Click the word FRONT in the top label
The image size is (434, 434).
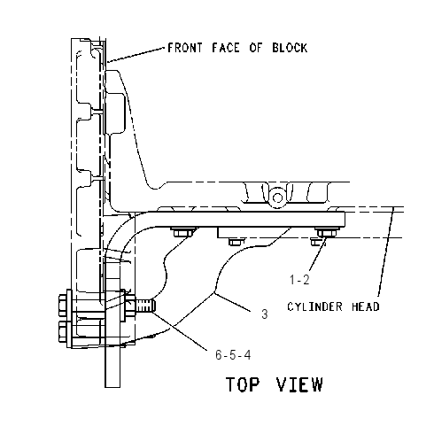pyautogui.click(x=185, y=48)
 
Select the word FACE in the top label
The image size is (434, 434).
pyautogui.click(x=226, y=48)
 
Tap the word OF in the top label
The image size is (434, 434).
pyautogui.click(x=256, y=48)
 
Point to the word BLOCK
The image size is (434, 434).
pyautogui.click(x=290, y=48)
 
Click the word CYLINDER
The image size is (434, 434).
pyautogui.click(x=314, y=306)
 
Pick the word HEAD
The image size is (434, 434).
pyautogui.click(x=366, y=306)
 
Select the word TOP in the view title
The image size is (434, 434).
pyautogui.click(x=243, y=384)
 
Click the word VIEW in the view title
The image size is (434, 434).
pyautogui.click(x=299, y=384)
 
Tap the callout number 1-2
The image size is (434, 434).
pyautogui.click(x=299, y=280)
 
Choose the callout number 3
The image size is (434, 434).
pyautogui.click(x=265, y=314)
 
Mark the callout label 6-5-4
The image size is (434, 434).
pyautogui.click(x=233, y=354)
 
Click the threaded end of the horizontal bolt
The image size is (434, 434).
pyautogui.click(x=145, y=306)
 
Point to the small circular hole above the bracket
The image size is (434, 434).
pyautogui.click(x=277, y=198)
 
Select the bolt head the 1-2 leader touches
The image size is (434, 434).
pyautogui.click(x=326, y=233)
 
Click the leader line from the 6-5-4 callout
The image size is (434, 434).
pyautogui.click(x=180, y=330)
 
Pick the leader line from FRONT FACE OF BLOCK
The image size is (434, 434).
pyautogui.click(x=136, y=55)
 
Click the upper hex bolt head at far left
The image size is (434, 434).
pyautogui.click(x=63, y=305)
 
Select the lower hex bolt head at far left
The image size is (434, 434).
pyautogui.click(x=63, y=331)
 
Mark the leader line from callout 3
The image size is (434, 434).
pyautogui.click(x=232, y=302)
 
